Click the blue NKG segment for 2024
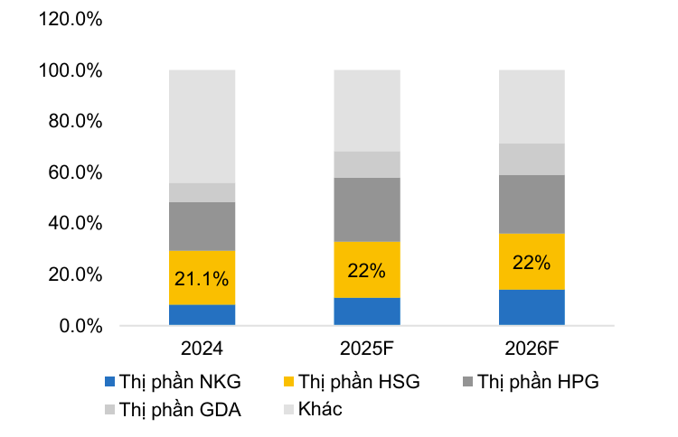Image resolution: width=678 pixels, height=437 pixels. pyautogui.click(x=202, y=315)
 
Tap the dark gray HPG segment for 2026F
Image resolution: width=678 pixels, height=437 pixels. pyautogui.click(x=532, y=204)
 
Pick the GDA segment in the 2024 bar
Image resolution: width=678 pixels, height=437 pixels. pyautogui.click(x=202, y=192)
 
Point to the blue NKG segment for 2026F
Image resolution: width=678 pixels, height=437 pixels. pyautogui.click(x=532, y=307)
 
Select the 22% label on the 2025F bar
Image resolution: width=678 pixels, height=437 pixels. pyautogui.click(x=367, y=270)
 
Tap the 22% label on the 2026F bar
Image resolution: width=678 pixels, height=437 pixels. pyautogui.click(x=532, y=262)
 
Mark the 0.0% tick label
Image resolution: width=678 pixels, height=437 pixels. pyautogui.click(x=80, y=326)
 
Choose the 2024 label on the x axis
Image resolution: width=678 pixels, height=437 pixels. pyautogui.click(x=202, y=349)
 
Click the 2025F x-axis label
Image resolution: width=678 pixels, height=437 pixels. pyautogui.click(x=367, y=349)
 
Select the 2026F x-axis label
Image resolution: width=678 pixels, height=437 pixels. pyautogui.click(x=532, y=349)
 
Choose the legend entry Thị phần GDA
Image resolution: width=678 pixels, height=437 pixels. pyautogui.click(x=181, y=409)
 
